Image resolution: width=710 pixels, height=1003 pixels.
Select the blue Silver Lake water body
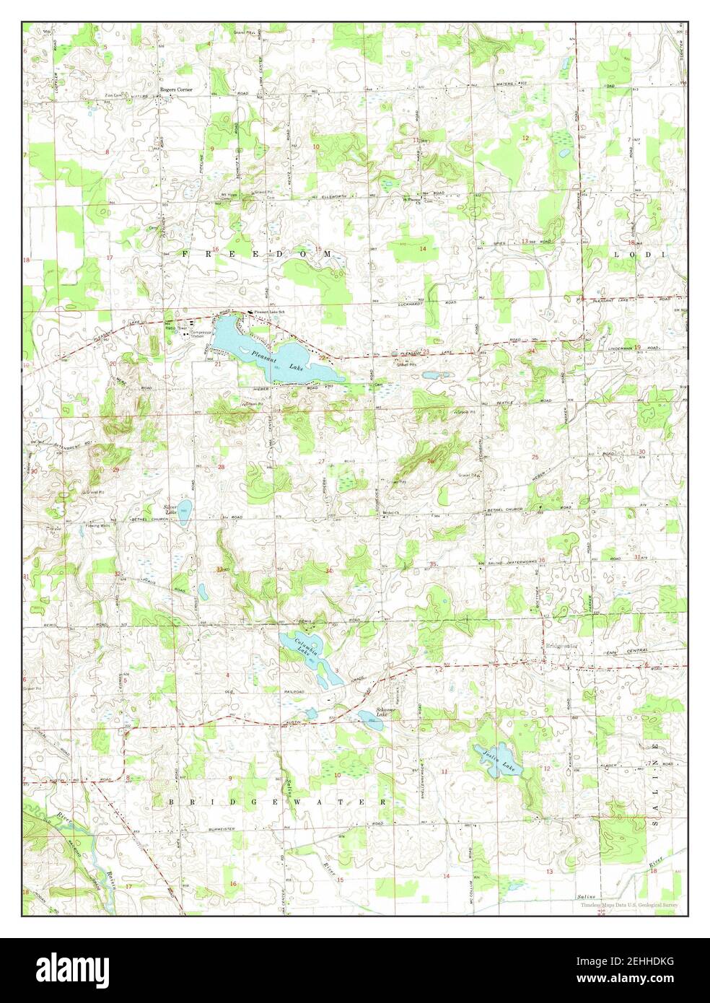(184, 512)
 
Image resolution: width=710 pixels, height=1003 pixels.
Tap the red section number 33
(219, 569)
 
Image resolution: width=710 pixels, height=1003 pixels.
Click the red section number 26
(430, 461)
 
